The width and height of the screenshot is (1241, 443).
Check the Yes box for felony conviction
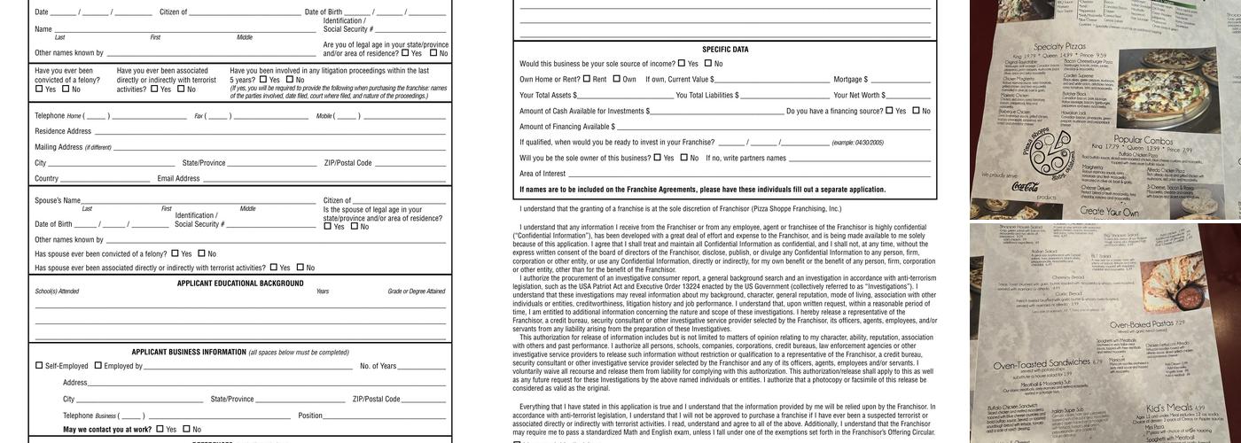(x=39, y=89)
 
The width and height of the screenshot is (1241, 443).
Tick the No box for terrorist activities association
(x=179, y=89)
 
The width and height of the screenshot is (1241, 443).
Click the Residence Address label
(x=63, y=131)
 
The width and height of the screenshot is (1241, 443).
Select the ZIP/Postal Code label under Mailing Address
(x=347, y=163)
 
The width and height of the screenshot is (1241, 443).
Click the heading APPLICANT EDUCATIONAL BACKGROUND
(x=240, y=284)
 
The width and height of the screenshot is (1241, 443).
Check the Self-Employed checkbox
(x=39, y=366)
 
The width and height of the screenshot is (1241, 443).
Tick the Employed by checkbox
(x=98, y=366)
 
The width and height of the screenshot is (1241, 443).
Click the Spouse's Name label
(x=58, y=201)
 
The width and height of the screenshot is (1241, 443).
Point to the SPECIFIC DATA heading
(x=725, y=50)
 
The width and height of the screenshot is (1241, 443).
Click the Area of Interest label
(x=542, y=174)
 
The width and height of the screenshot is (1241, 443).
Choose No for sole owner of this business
(x=683, y=158)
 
